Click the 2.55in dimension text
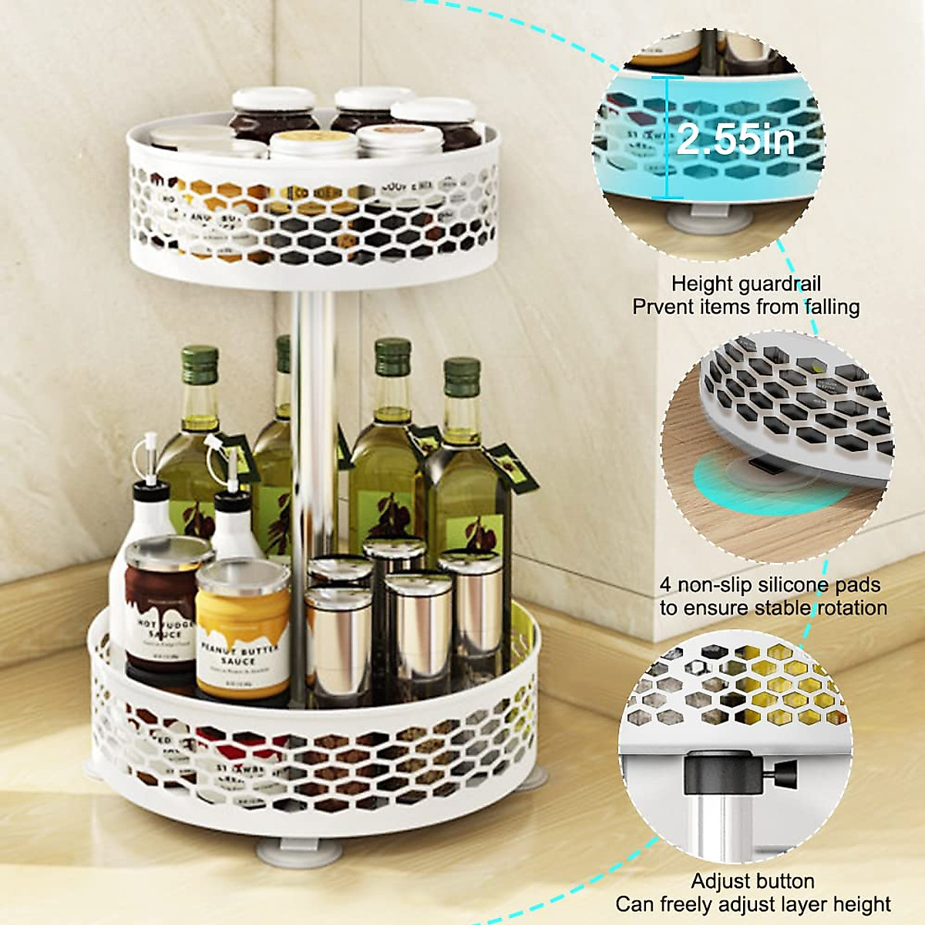[x=736, y=141]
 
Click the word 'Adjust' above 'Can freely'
[x=721, y=881]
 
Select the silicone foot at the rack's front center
[x=285, y=851]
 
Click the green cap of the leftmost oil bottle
[x=200, y=363]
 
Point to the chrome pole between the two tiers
[x=313, y=324]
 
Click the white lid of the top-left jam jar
[x=274, y=99]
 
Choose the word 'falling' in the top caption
[x=828, y=307]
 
